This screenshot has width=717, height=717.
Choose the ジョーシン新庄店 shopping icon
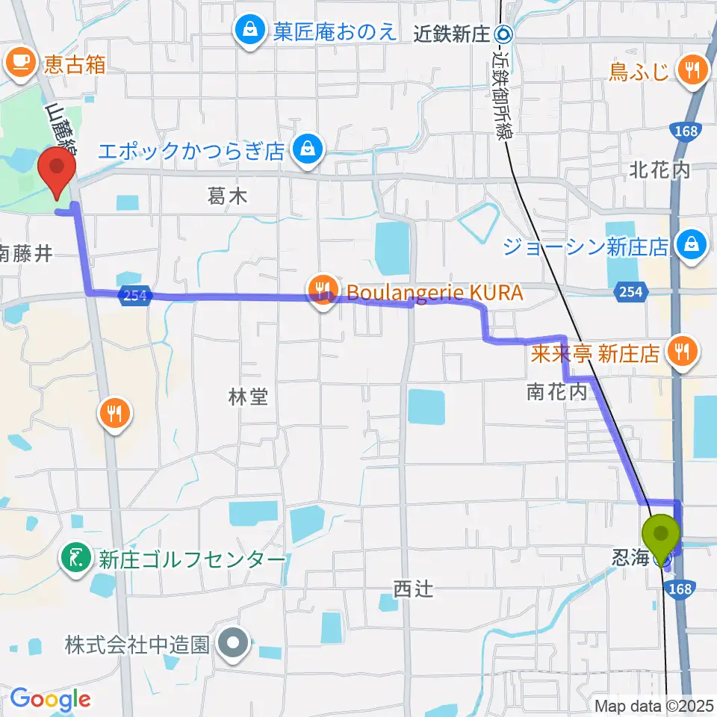pos(692,244)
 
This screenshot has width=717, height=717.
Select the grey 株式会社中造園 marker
pos(234,642)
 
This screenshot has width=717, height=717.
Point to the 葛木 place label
pos(227,197)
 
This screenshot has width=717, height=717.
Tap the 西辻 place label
pos(413,590)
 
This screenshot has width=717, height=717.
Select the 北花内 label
pos(659,170)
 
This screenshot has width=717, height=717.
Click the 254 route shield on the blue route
pos(135,296)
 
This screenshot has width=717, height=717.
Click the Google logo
pos(50,699)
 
